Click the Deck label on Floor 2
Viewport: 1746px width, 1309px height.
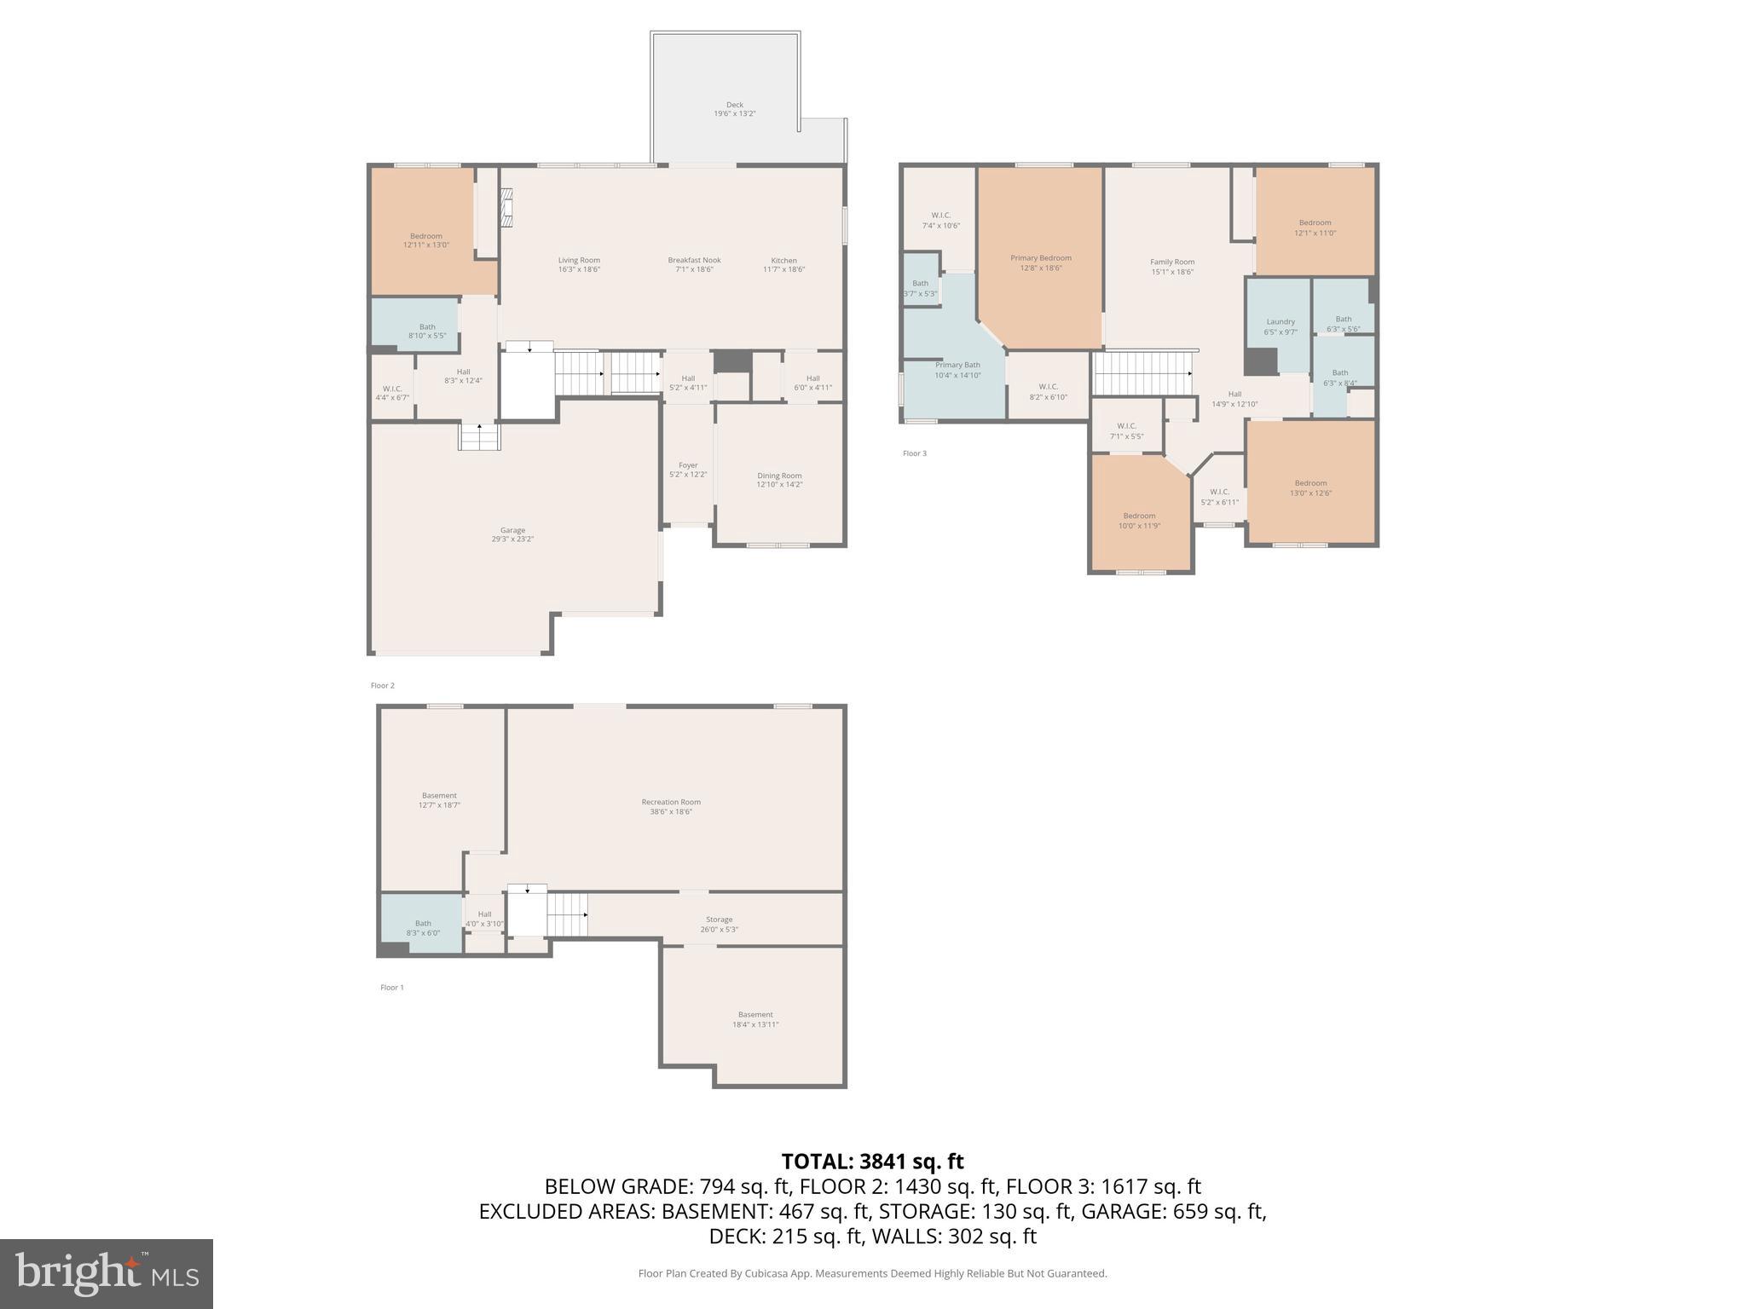tap(734, 105)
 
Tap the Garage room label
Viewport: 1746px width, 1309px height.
tap(512, 530)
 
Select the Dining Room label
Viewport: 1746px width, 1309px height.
tap(779, 476)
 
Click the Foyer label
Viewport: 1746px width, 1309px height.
tap(688, 465)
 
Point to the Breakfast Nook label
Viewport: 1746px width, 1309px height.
tap(694, 260)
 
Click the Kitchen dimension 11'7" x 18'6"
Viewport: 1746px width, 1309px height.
tap(783, 269)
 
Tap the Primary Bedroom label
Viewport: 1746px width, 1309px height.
tap(1040, 257)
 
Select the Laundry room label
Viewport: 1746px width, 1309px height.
tap(1280, 322)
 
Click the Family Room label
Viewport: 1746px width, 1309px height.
tap(1172, 262)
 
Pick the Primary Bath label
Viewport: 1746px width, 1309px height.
tap(957, 365)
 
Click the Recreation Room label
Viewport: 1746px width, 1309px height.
tap(671, 802)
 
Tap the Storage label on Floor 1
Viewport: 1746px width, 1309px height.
tap(719, 920)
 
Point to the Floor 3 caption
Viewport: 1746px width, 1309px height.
tap(914, 453)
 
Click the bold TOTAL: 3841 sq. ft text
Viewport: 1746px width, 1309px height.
tap(872, 1161)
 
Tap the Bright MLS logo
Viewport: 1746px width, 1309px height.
tap(106, 1273)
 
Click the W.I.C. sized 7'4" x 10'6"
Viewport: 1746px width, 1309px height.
tap(940, 215)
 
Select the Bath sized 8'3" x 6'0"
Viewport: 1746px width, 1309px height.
tap(423, 923)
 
